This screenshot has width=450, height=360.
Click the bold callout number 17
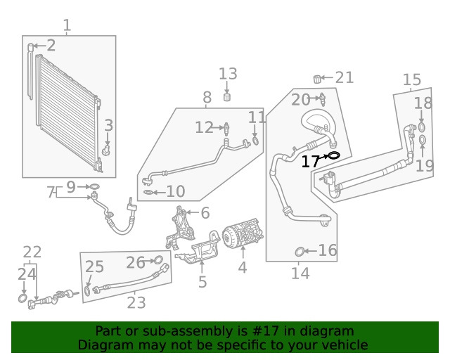(x=311, y=162)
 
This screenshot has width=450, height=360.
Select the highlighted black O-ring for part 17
(x=333, y=155)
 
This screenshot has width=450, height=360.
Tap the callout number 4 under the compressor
(x=242, y=268)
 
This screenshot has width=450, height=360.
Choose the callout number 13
(x=228, y=74)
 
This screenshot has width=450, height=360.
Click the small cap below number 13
(x=228, y=97)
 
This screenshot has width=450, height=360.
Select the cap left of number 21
(x=317, y=78)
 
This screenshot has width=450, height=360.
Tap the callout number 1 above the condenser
(x=67, y=26)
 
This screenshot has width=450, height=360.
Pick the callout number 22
(x=32, y=252)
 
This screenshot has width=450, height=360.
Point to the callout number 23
(x=136, y=303)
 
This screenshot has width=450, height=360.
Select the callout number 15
(x=412, y=80)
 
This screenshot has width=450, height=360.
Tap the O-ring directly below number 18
(x=422, y=127)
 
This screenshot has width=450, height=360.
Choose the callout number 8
(x=207, y=98)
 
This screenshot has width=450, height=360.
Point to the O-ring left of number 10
(x=146, y=191)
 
